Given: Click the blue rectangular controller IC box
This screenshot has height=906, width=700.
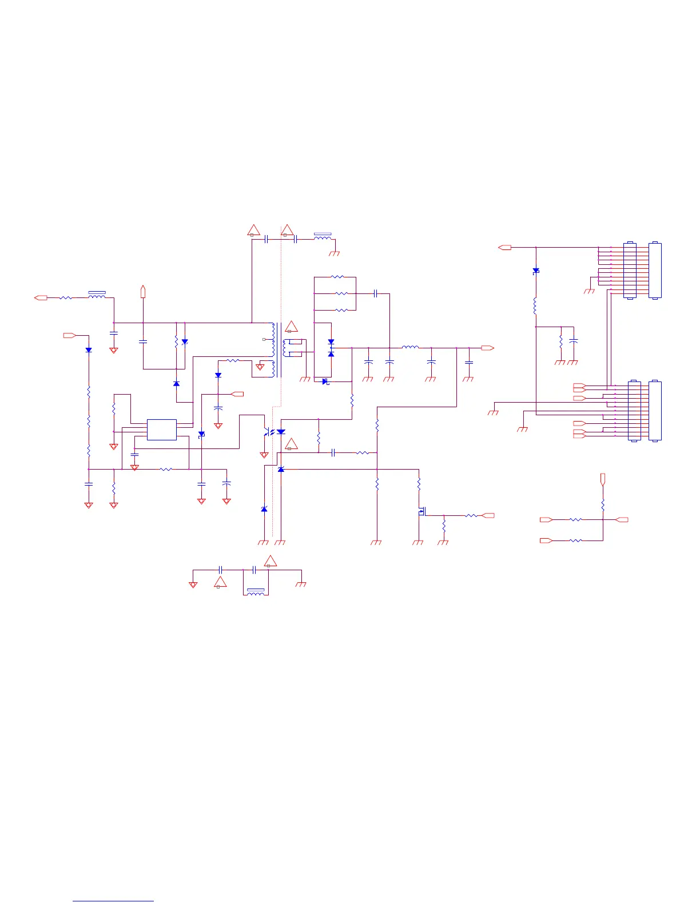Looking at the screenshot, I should (x=161, y=430).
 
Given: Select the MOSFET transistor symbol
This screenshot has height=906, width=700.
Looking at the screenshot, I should (x=421, y=511).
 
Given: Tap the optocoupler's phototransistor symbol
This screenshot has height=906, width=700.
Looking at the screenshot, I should (x=267, y=432).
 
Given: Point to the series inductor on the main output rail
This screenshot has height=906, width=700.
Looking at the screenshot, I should (x=410, y=347).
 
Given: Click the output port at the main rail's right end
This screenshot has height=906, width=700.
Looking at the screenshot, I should (x=487, y=348).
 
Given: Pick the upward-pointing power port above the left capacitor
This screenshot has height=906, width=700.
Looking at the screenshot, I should (x=143, y=291).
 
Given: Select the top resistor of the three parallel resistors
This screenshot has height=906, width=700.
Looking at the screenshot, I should (x=337, y=277).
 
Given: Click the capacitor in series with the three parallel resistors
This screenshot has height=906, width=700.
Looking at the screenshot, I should (x=375, y=294).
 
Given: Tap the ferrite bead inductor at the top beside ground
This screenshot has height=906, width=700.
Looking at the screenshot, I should (x=323, y=237).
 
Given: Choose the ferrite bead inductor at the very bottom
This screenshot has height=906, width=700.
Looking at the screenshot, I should (x=256, y=593).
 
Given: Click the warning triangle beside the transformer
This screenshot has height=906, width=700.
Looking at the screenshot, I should (x=292, y=327).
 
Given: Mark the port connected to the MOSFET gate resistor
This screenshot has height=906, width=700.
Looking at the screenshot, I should (x=488, y=515).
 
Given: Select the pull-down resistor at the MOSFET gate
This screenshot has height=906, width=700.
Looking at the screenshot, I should (x=444, y=525).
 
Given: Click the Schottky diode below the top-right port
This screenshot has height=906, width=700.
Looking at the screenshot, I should (x=536, y=271).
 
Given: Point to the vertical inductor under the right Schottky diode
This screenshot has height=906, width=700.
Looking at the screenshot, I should (x=536, y=306).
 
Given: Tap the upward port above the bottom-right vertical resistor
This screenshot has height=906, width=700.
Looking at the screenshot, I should (x=603, y=479).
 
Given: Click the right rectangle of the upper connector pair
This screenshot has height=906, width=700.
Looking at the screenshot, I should (x=655, y=271).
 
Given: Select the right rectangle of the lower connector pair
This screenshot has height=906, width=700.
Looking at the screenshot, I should (x=655, y=411).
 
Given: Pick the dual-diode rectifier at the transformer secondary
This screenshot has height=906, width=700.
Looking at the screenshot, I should (x=331, y=348).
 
